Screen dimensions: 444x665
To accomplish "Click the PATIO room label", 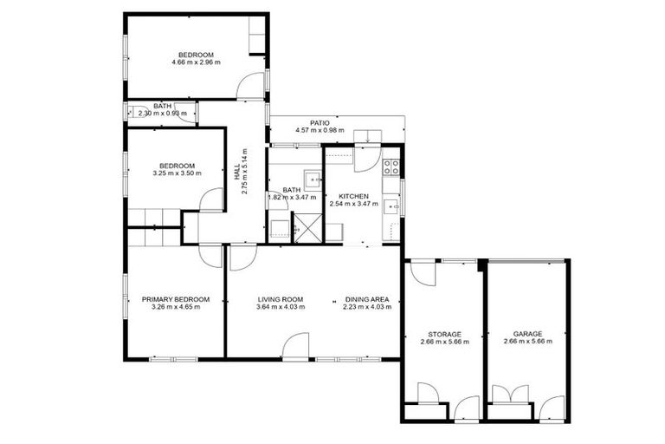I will pos(320,123).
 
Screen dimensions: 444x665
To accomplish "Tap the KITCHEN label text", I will pos(354,196).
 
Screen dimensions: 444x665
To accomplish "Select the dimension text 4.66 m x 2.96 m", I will pos(196,62).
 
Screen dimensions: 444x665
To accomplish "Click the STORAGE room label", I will pos(444,334).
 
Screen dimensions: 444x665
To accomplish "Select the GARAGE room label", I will pos(527,334).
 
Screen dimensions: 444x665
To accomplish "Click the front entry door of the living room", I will pos(295,347).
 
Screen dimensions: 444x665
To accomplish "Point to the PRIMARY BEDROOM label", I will pos(176,299).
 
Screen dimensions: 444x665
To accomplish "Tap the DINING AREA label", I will pos(366,299).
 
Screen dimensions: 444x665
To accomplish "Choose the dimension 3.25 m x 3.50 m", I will pos(176,173).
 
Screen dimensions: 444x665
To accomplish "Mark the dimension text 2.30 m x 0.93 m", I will pos(163,114).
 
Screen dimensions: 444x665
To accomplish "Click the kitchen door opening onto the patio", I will pos(365,157).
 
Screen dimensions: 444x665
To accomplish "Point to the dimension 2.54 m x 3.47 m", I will pos(354,205).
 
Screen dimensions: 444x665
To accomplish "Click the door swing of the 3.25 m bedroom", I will pos(211,199).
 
